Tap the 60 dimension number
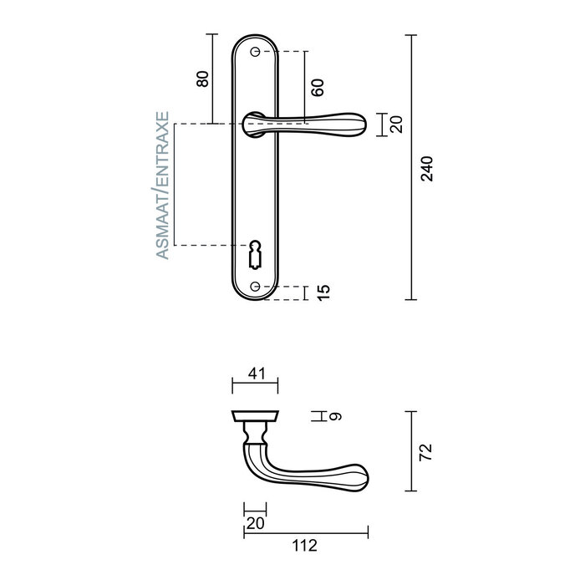click(x=317, y=87)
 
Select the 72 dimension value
click(x=426, y=452)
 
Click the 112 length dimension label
click(x=305, y=547)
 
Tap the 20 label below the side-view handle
click(x=255, y=523)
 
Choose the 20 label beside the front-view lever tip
click(x=397, y=125)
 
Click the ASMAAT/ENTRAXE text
click(x=164, y=185)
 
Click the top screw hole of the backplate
click(x=255, y=51)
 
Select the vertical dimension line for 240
click(x=410, y=167)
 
